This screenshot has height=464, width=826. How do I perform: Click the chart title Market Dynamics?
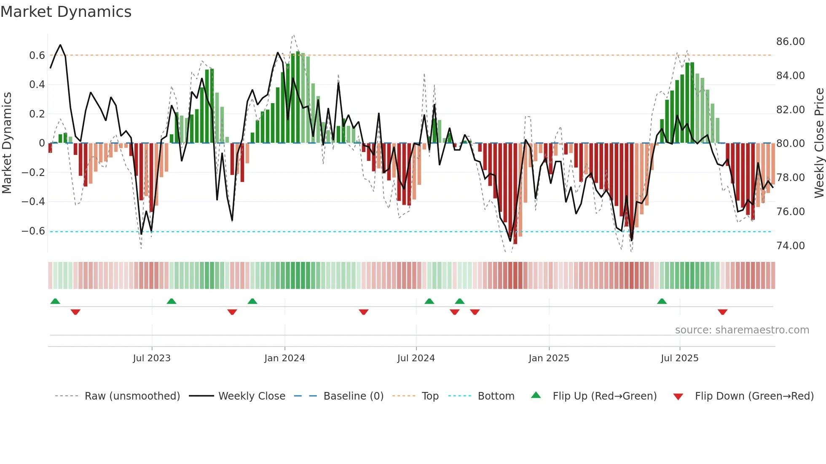(x=66, y=12)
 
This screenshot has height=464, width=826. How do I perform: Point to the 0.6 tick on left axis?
(x=37, y=56)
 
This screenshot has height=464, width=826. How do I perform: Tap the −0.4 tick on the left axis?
(x=33, y=202)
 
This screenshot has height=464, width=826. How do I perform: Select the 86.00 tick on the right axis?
(x=790, y=42)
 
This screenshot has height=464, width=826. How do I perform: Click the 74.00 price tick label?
(x=790, y=245)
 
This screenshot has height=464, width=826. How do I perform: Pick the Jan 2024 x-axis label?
(x=284, y=358)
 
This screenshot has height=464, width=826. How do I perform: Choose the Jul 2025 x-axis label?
(x=679, y=358)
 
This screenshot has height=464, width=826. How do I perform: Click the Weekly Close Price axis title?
(x=819, y=143)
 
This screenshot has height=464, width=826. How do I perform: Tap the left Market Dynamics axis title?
(x=7, y=143)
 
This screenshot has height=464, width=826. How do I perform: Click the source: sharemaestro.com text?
(x=742, y=330)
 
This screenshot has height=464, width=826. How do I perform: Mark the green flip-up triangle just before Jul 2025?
(x=662, y=301)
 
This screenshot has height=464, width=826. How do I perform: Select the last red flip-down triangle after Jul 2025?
(x=722, y=312)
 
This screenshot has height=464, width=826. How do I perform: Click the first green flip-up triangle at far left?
(x=55, y=301)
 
